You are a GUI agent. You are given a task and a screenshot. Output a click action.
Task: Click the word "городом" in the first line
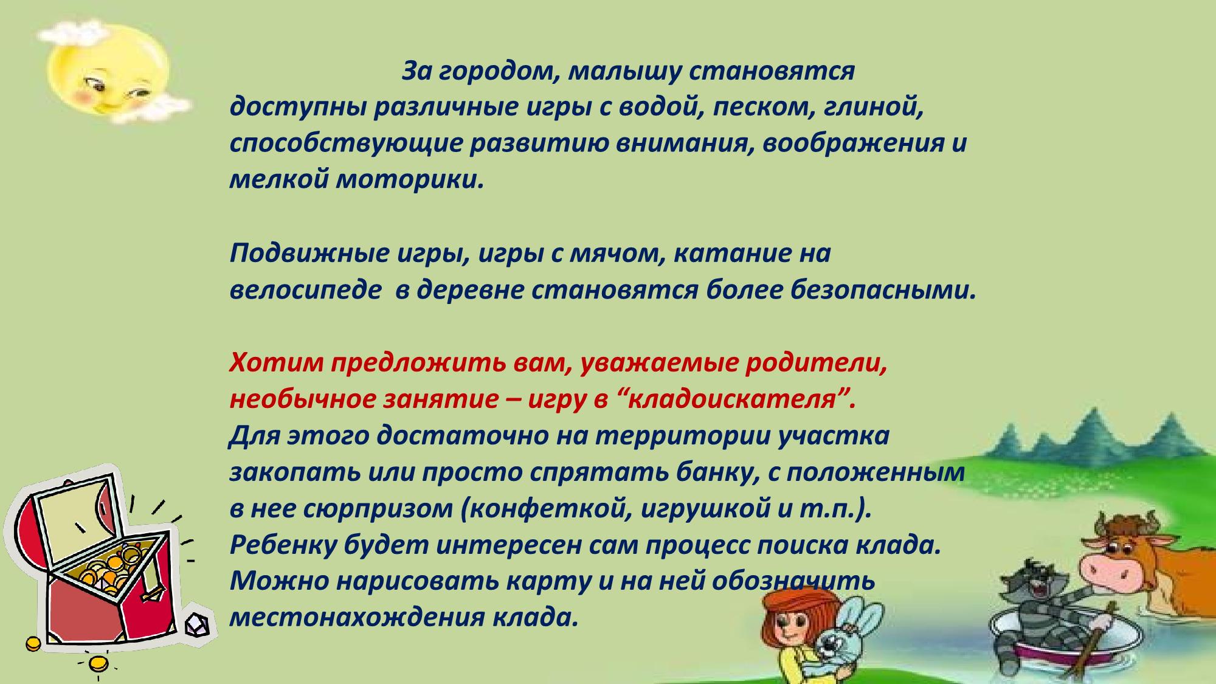click(x=494, y=72)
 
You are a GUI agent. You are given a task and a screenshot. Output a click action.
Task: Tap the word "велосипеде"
click(x=305, y=291)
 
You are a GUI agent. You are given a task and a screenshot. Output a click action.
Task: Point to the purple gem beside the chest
click(x=197, y=624)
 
